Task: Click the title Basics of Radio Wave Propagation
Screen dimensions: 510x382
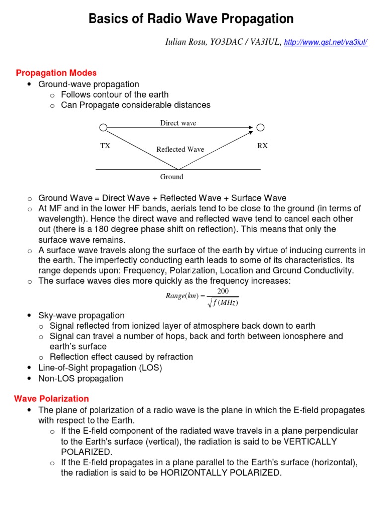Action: (191, 19)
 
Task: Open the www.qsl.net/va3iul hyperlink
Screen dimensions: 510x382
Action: (325, 43)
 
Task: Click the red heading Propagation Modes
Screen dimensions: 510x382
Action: (56, 73)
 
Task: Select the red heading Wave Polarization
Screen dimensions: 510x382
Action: (52, 399)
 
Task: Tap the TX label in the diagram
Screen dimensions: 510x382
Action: (105, 146)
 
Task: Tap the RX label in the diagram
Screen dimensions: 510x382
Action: (262, 146)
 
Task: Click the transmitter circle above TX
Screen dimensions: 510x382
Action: (103, 128)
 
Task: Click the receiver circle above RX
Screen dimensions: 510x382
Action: (260, 128)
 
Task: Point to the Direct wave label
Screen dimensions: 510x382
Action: (178, 123)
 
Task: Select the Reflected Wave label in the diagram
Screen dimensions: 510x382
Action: (180, 149)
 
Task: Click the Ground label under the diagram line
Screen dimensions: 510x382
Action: (171, 177)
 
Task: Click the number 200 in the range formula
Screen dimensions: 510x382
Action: (223, 291)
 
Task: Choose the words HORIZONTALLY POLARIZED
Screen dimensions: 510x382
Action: (220, 473)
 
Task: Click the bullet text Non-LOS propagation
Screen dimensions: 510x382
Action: (81, 378)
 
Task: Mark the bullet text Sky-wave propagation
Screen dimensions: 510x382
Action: (82, 315)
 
